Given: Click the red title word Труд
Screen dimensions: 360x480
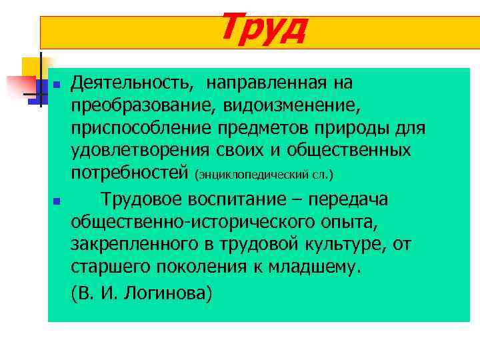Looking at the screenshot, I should (262, 27).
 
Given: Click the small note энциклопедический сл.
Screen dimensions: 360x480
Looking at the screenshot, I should (263, 175).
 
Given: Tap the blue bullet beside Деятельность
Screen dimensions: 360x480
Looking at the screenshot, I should (57, 85).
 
